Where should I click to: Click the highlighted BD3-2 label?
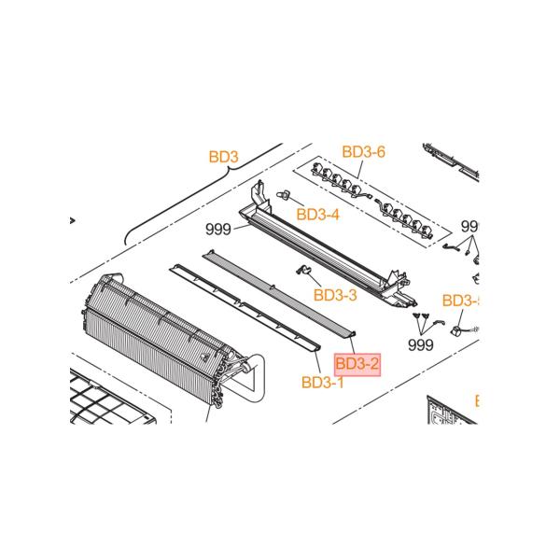357,363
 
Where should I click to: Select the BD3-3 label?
335,295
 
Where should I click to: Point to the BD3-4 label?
317,214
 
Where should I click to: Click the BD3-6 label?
363,151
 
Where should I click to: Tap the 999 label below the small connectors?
422,344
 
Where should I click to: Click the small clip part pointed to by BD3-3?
302,271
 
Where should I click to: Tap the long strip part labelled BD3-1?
243,308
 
